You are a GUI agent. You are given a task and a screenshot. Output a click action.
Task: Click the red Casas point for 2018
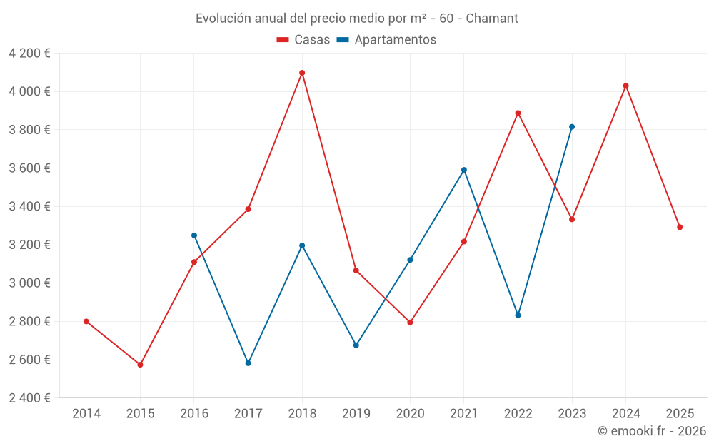302,73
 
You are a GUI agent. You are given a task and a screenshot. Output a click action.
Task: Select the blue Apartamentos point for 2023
572,127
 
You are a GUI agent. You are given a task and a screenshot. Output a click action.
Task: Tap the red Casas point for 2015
140,365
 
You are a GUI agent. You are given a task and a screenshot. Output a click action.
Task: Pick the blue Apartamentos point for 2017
248,363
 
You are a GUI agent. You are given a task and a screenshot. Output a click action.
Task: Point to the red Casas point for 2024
626,86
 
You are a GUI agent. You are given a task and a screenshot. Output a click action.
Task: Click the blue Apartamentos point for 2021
464,170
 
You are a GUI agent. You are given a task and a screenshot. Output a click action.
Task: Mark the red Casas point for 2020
410,323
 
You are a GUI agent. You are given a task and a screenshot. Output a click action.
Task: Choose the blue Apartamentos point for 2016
194,235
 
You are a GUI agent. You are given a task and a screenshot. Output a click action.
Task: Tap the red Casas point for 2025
680,227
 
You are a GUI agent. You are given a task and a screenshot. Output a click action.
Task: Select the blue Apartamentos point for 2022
518,315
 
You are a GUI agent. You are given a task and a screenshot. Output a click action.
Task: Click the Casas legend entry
303,40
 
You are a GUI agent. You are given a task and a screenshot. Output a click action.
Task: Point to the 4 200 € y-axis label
29,54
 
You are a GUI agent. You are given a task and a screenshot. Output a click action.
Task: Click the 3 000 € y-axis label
29,283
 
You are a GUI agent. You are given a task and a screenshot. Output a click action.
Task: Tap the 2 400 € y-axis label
29,398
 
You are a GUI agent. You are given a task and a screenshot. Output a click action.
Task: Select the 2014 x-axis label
86,413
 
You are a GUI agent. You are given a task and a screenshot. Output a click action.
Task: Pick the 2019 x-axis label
356,413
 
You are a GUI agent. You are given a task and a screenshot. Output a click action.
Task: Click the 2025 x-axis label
680,413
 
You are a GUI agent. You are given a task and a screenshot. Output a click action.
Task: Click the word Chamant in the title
492,18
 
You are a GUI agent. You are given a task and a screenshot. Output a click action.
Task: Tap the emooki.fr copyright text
652,431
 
